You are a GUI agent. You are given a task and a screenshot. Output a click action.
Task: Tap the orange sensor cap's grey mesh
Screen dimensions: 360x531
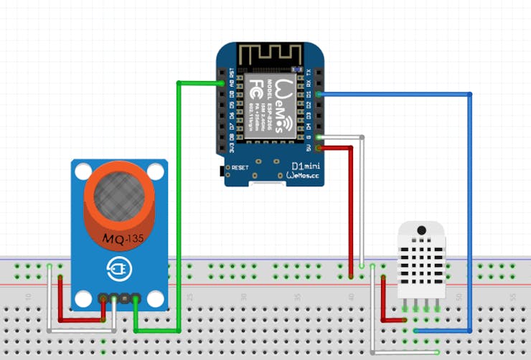[118, 192]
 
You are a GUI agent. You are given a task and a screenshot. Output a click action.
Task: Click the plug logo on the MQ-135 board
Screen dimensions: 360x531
[118, 269]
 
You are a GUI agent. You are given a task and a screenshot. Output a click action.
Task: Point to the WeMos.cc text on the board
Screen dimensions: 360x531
[305, 176]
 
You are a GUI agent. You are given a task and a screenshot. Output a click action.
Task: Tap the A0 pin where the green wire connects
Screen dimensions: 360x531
[222, 83]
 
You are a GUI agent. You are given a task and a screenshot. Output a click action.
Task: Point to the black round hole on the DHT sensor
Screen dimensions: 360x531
[421, 231]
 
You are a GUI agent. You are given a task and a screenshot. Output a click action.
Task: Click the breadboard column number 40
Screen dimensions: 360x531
[351, 296]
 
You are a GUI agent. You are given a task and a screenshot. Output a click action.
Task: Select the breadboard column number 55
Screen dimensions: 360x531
[512, 296]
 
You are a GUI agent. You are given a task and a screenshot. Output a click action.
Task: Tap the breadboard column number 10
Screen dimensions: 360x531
[28, 296]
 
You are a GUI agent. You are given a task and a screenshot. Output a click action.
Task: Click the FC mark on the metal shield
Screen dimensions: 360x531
[256, 90]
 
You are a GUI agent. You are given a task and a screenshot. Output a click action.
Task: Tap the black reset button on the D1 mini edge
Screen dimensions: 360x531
[220, 171]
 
